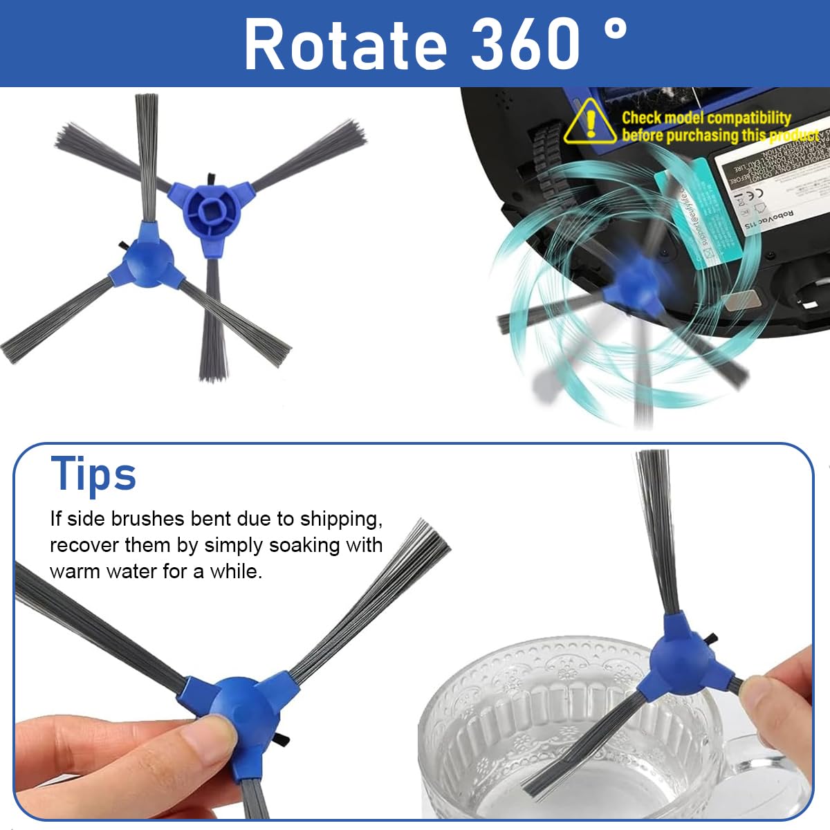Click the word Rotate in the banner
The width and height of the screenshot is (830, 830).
pos(344,45)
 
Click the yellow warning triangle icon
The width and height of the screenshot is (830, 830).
pos(590,122)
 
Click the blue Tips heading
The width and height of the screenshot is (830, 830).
pos(93,474)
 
